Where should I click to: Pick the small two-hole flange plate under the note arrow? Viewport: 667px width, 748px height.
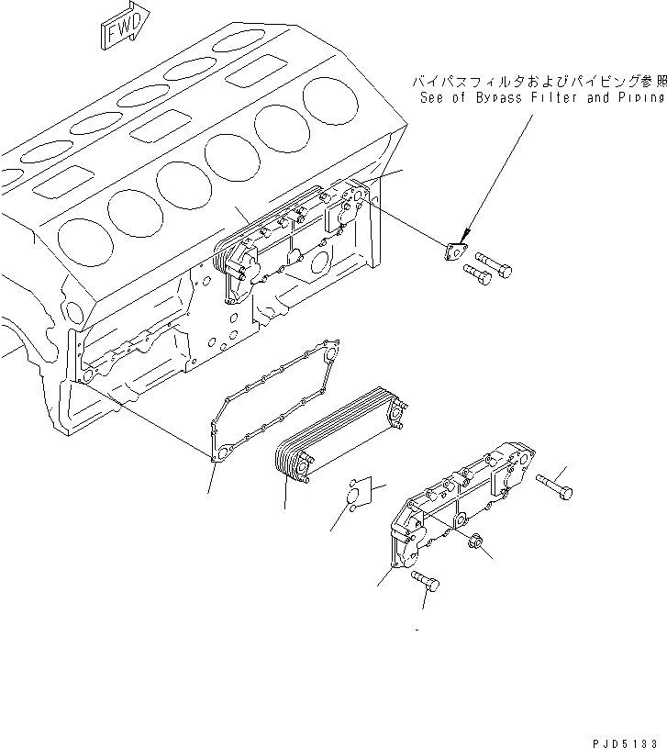[453, 251]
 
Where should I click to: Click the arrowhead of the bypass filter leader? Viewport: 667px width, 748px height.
[464, 236]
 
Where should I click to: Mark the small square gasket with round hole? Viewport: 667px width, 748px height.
[362, 494]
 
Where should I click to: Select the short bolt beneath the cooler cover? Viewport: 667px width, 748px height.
[424, 580]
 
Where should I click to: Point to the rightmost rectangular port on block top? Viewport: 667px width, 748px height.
[254, 72]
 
